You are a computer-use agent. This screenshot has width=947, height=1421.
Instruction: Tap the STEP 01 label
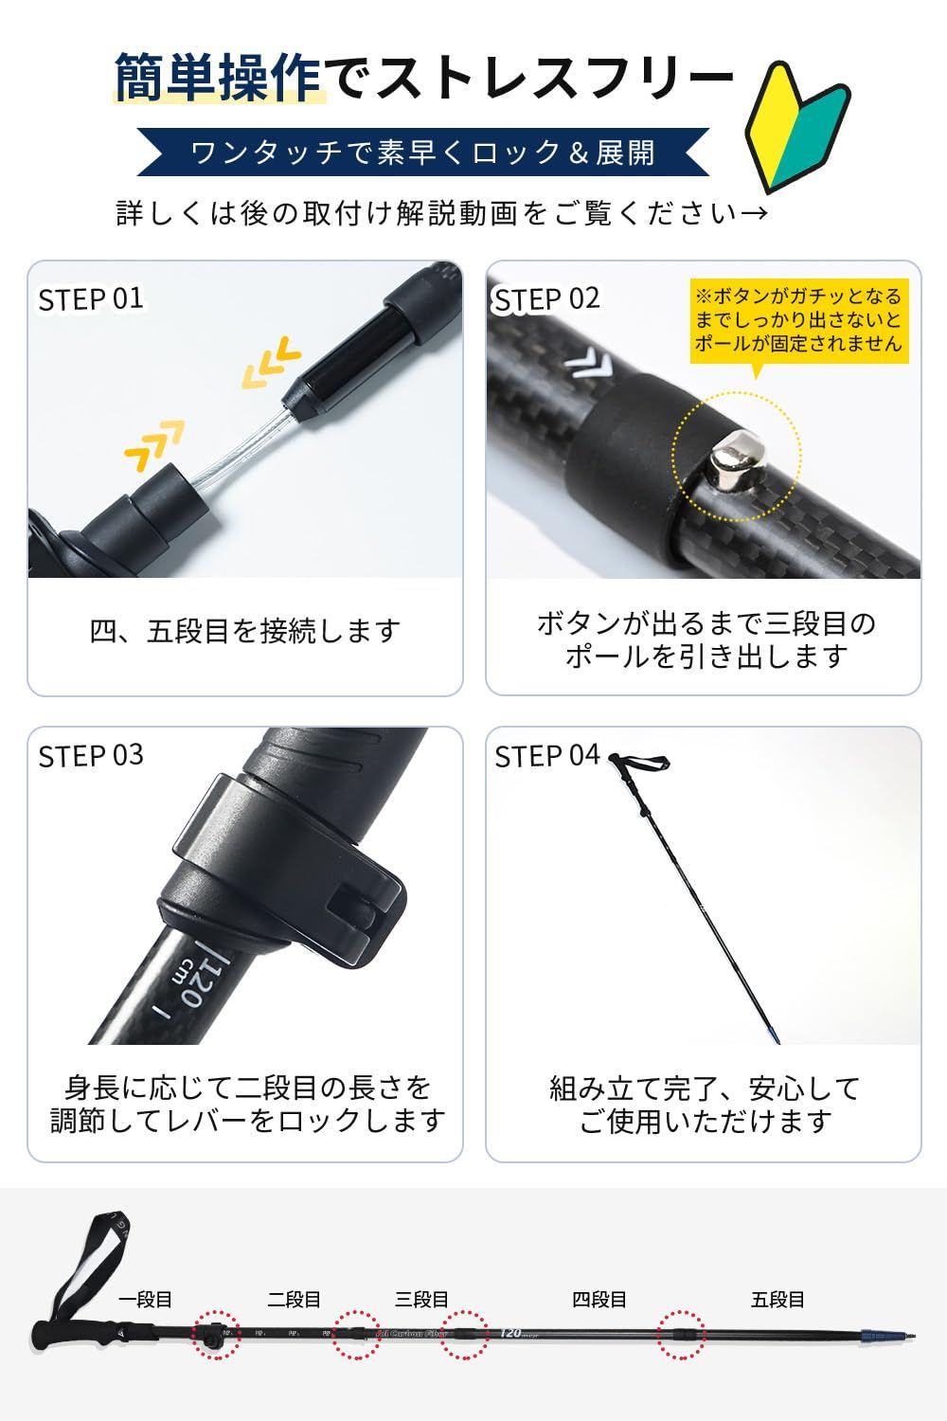pyautogui.click(x=91, y=298)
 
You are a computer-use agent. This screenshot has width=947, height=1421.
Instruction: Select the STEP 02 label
pyautogui.click(x=547, y=298)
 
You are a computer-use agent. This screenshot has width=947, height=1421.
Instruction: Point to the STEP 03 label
pyautogui.click(x=91, y=755)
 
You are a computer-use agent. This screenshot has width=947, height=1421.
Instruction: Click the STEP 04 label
pyautogui.click(x=547, y=755)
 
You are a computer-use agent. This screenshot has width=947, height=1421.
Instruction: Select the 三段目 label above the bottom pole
pyautogui.click(x=421, y=1299)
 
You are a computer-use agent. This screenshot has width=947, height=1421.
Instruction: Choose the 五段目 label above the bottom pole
pyautogui.click(x=777, y=1299)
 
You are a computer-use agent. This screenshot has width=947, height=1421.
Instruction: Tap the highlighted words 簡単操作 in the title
pyautogui.click(x=219, y=76)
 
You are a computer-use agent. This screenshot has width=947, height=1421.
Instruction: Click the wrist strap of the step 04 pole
pyautogui.click(x=642, y=762)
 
